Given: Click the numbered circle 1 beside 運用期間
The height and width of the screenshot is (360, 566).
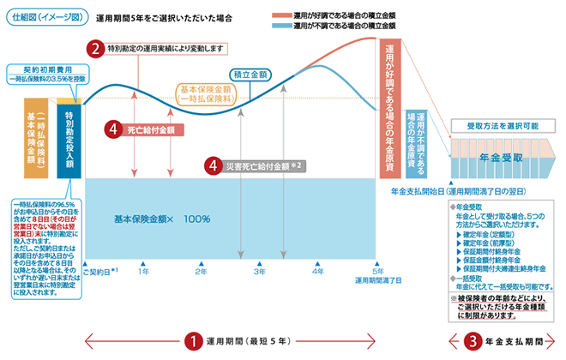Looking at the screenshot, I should [x=194, y=340].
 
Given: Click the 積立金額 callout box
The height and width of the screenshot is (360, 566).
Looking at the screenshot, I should [x=250, y=74].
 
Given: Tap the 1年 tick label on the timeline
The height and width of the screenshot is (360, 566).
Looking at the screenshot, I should [x=144, y=271].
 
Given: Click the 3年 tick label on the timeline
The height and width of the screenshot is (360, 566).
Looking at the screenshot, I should [x=259, y=271].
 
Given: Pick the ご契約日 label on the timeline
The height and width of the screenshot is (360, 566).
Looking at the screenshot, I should [x=99, y=271].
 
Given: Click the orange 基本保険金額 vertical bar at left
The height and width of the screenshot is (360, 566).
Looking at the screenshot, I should [x=37, y=136].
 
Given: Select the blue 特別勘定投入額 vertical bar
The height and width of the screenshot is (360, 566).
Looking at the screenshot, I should [x=69, y=136].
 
